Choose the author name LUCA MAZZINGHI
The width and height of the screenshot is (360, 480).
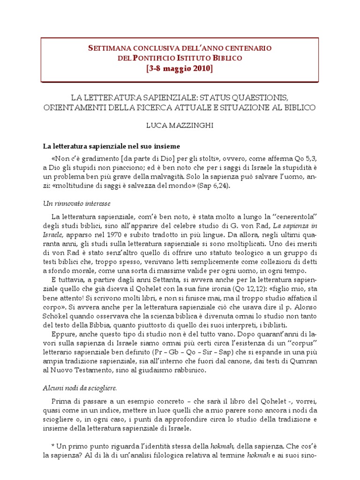coord(180,127)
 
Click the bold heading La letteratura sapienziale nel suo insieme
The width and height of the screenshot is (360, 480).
coord(111,147)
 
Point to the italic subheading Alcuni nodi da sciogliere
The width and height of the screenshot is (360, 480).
coord(80,388)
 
